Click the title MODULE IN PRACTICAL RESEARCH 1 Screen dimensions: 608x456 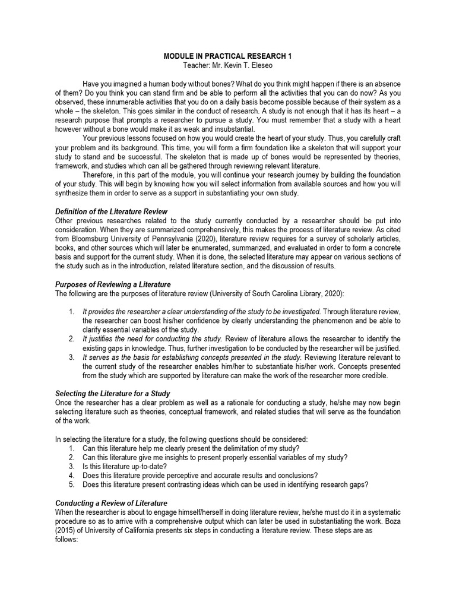click(228, 56)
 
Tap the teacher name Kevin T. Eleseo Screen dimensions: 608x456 click(243, 65)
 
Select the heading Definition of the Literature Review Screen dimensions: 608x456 click(111, 211)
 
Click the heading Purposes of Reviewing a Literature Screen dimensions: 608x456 click(113, 284)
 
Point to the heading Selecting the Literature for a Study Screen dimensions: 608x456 click(113, 394)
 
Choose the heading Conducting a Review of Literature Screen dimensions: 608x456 click(111, 503)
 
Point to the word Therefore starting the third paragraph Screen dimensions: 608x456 click(100, 175)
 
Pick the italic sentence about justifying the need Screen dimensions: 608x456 click(152, 339)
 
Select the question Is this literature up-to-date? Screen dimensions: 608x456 click(123, 466)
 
